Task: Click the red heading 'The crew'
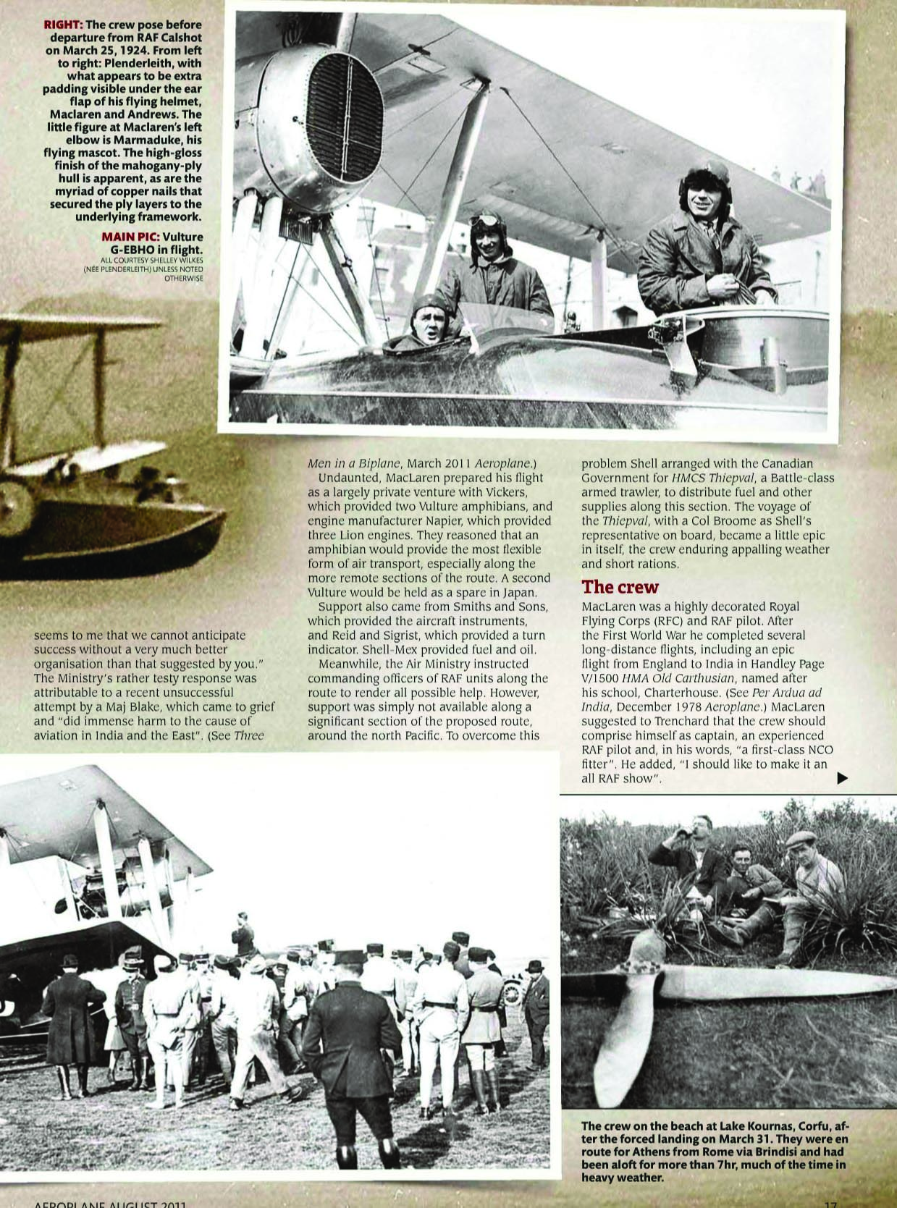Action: (x=620, y=586)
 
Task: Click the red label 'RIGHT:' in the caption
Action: (x=63, y=25)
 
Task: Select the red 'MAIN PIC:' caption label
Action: (x=130, y=237)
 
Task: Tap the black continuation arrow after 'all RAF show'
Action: (x=842, y=778)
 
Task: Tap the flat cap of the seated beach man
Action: (x=800, y=839)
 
